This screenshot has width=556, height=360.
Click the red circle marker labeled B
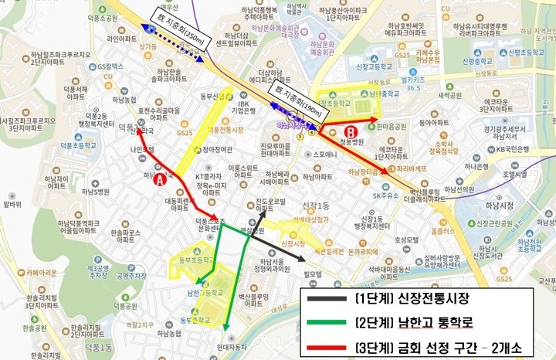click(x=349, y=131)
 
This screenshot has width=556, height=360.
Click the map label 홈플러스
click(x=443, y=229)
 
